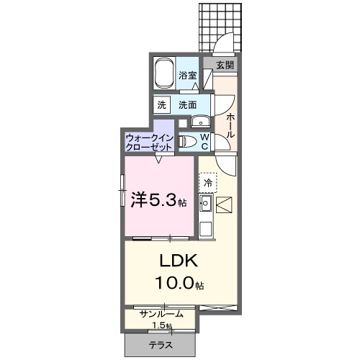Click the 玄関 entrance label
(225, 64)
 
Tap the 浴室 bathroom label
(188, 75)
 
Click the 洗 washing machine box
(161, 104)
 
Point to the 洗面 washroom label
(188, 104)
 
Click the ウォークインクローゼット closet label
(148, 141)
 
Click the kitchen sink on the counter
(205, 207)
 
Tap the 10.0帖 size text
(176, 284)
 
